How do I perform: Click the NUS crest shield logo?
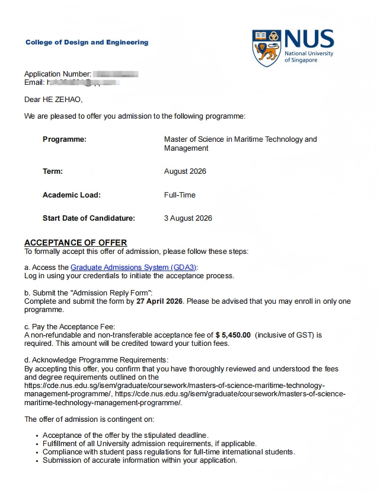[267, 47]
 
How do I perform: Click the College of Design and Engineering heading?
[87, 42]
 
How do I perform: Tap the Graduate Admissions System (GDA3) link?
[133, 267]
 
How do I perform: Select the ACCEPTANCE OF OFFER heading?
[75, 243]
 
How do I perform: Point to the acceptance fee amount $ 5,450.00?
[233, 335]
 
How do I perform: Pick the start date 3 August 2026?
[188, 218]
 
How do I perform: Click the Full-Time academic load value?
[180, 195]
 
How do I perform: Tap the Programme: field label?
[65, 139]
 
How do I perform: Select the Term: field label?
[53, 171]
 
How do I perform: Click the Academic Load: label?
[72, 195]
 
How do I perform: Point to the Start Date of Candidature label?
[89, 218]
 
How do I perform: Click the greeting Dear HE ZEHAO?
[53, 99]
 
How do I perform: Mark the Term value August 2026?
[185, 171]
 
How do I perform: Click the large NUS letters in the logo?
[309, 40]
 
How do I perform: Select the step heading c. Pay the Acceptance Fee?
[70, 326]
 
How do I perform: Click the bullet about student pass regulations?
[168, 452]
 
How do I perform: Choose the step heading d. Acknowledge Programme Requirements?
[96, 360]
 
